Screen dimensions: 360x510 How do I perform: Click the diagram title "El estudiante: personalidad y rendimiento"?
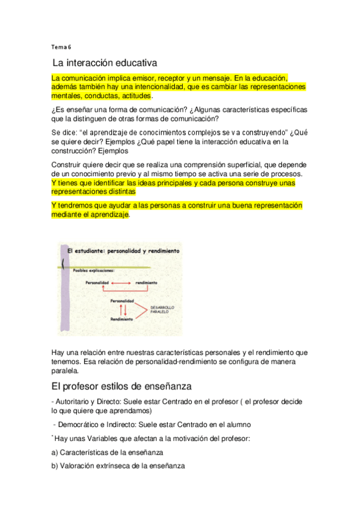click(x=124, y=250)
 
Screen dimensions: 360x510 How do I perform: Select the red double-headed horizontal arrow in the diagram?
click(x=123, y=283)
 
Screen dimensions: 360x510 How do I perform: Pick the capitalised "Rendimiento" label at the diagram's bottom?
click(x=122, y=319)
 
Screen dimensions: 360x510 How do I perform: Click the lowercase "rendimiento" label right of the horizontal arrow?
click(x=147, y=283)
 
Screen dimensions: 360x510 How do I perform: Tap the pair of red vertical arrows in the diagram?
click(x=124, y=309)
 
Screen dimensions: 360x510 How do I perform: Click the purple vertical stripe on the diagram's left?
click(x=63, y=283)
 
